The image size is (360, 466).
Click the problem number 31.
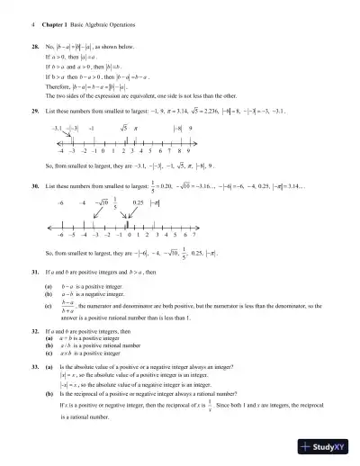(34, 271)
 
